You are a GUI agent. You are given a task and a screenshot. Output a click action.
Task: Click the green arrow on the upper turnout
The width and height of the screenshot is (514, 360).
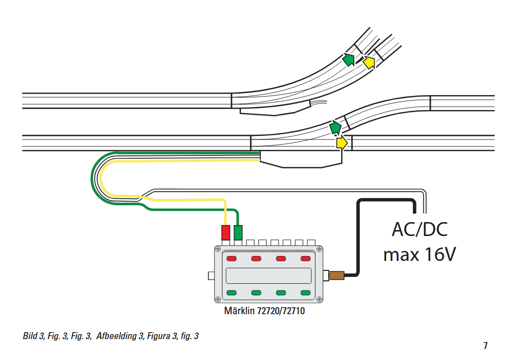click(x=348, y=59)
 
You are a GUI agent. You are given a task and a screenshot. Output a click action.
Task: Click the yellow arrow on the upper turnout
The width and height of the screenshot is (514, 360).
click(x=369, y=62)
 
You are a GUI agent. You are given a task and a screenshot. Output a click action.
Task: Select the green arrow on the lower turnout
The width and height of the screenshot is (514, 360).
click(x=335, y=127)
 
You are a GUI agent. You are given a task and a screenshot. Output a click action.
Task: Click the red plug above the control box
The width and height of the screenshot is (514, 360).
click(x=225, y=233)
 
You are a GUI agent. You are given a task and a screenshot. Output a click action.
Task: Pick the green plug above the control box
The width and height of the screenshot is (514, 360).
click(x=238, y=233)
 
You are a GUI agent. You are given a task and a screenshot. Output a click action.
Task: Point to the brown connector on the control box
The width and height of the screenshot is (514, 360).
click(x=336, y=275)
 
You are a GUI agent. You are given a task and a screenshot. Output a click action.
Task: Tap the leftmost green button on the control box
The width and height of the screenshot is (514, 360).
click(x=231, y=293)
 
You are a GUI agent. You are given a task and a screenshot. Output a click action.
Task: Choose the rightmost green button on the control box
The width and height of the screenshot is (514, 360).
click(x=306, y=293)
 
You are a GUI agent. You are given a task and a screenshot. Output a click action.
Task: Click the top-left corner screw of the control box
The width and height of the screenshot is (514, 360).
click(x=217, y=249)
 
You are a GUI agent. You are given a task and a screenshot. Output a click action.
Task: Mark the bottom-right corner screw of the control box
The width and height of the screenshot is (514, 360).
click(x=319, y=299)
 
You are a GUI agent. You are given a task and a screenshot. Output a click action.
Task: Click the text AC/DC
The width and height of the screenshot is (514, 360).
click(x=419, y=230)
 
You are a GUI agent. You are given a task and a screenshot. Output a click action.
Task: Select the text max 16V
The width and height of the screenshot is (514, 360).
click(x=419, y=254)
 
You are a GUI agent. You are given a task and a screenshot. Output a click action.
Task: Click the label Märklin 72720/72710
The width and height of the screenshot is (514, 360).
click(x=264, y=311)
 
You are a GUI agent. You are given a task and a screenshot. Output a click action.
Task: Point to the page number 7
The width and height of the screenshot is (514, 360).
click(x=486, y=346)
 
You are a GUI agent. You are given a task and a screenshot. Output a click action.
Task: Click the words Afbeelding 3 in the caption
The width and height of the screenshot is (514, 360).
click(x=120, y=336)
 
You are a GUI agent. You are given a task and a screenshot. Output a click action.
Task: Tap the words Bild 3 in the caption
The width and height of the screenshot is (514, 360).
click(x=33, y=336)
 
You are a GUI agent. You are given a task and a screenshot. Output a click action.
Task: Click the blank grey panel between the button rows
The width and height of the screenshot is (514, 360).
click(x=269, y=275)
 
